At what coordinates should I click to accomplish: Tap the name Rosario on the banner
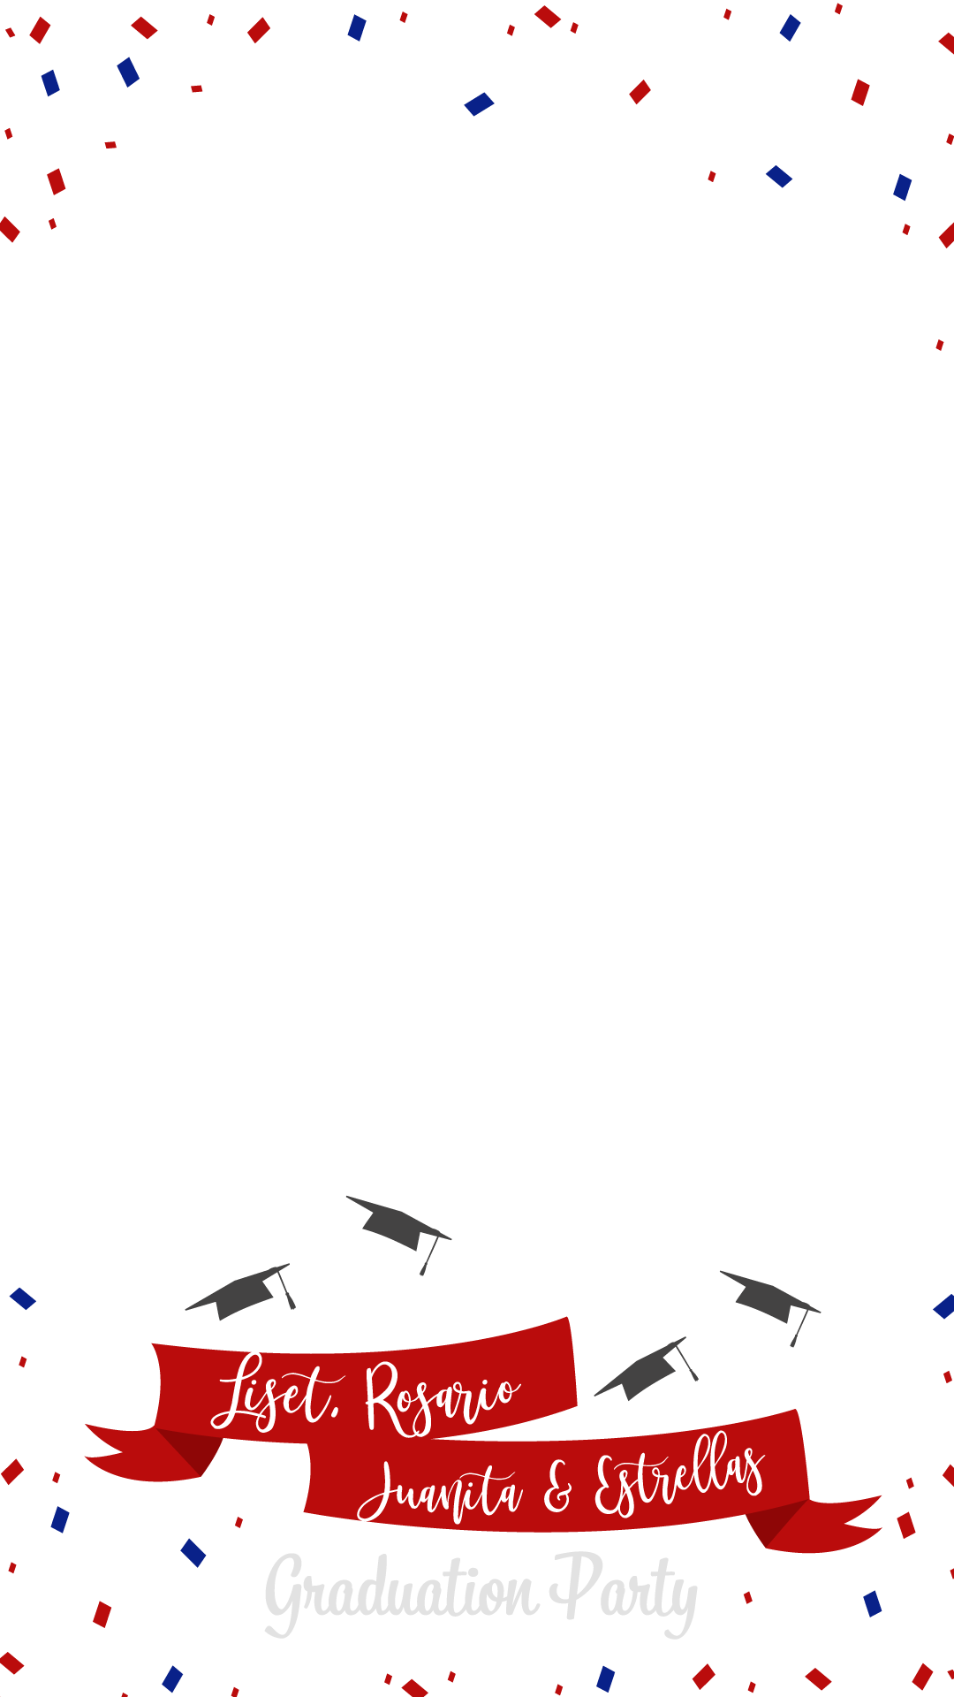442,1396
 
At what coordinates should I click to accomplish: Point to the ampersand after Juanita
558,1488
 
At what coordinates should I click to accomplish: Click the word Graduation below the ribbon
402,1591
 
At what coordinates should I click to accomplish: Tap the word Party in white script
624,1591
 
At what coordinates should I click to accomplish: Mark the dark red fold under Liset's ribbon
190,1450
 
